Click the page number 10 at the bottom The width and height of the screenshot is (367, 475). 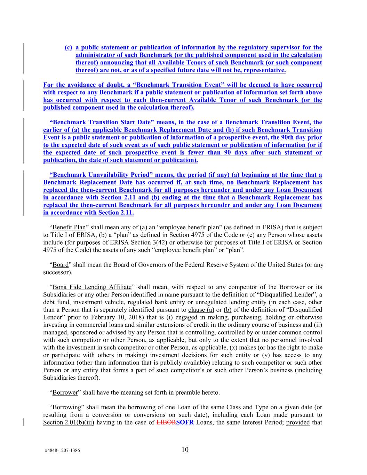point(185,450)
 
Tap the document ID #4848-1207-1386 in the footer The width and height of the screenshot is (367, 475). point(63,450)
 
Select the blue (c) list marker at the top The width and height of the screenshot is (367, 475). point(68,47)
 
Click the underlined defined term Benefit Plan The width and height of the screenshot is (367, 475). point(69,227)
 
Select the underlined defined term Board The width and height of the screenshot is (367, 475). point(61,264)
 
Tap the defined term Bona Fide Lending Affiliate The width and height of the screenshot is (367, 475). point(92,287)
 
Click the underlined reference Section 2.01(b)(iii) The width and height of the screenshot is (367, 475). point(69,422)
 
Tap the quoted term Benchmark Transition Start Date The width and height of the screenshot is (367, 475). point(101,122)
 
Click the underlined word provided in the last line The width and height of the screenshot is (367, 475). point(298,422)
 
